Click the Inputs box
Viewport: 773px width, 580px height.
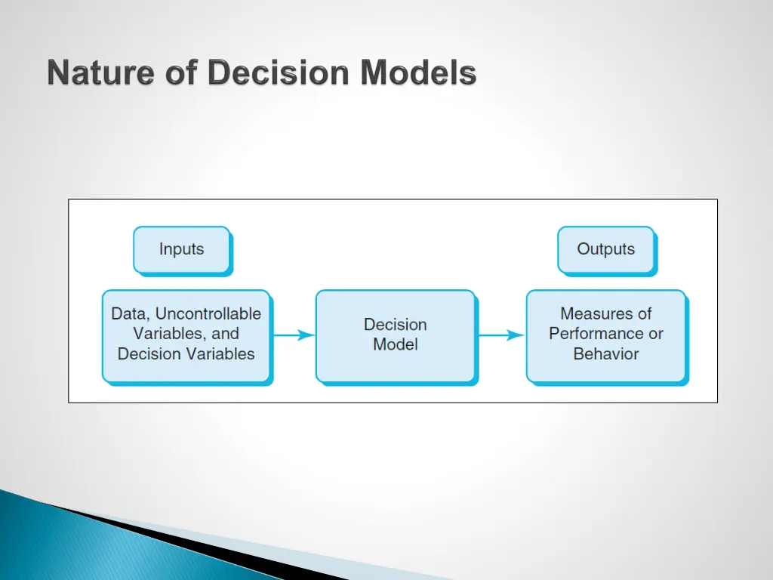(x=182, y=249)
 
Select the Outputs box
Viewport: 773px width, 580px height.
(x=606, y=249)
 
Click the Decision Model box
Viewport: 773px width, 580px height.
(x=396, y=335)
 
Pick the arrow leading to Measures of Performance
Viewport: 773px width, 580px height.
(x=501, y=335)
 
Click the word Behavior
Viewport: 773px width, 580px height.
(x=606, y=354)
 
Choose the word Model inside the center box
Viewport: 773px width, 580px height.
(x=396, y=345)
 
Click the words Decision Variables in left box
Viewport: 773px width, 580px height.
(x=186, y=354)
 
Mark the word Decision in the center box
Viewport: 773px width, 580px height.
(x=396, y=325)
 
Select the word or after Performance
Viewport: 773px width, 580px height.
(x=656, y=334)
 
